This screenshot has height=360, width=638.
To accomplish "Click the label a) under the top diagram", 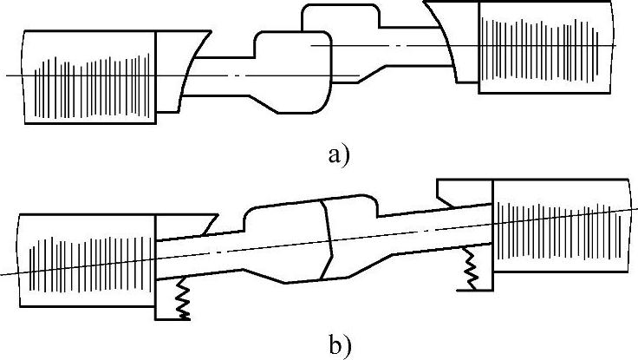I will [x=338, y=156].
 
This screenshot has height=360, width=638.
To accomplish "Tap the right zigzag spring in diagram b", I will [x=471, y=267].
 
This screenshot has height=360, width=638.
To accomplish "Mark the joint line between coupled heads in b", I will [x=327, y=238].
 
